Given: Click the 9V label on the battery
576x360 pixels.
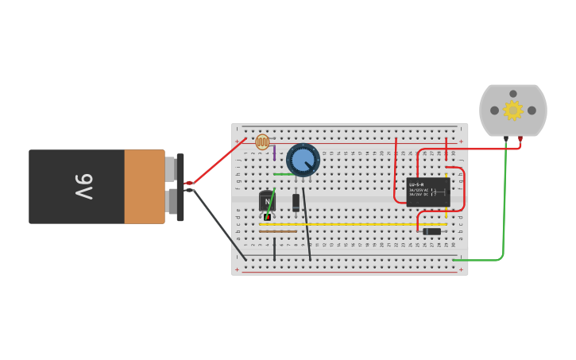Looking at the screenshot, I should click(x=84, y=187).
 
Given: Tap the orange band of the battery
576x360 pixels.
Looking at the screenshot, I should click(x=144, y=187).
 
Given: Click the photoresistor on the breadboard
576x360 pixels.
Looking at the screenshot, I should click(x=262, y=142).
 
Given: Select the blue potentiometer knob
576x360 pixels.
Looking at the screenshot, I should click(x=303, y=160).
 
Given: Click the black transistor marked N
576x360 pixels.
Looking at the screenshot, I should click(x=266, y=201).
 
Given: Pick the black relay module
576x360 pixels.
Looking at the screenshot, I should click(x=428, y=192).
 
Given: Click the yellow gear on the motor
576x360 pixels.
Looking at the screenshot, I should click(x=513, y=110).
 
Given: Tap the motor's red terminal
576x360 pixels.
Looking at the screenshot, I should click(x=520, y=139).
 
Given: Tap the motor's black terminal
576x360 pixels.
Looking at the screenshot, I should click(x=506, y=139).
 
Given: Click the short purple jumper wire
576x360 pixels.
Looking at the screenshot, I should click(x=275, y=153).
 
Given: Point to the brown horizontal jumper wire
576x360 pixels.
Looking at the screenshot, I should click(x=278, y=231).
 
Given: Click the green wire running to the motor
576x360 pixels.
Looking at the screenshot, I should click(x=504, y=207).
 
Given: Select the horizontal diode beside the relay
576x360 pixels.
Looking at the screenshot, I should click(x=431, y=231).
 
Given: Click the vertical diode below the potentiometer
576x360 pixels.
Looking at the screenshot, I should click(x=296, y=202).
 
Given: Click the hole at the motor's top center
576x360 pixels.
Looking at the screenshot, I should click(x=513, y=94).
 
